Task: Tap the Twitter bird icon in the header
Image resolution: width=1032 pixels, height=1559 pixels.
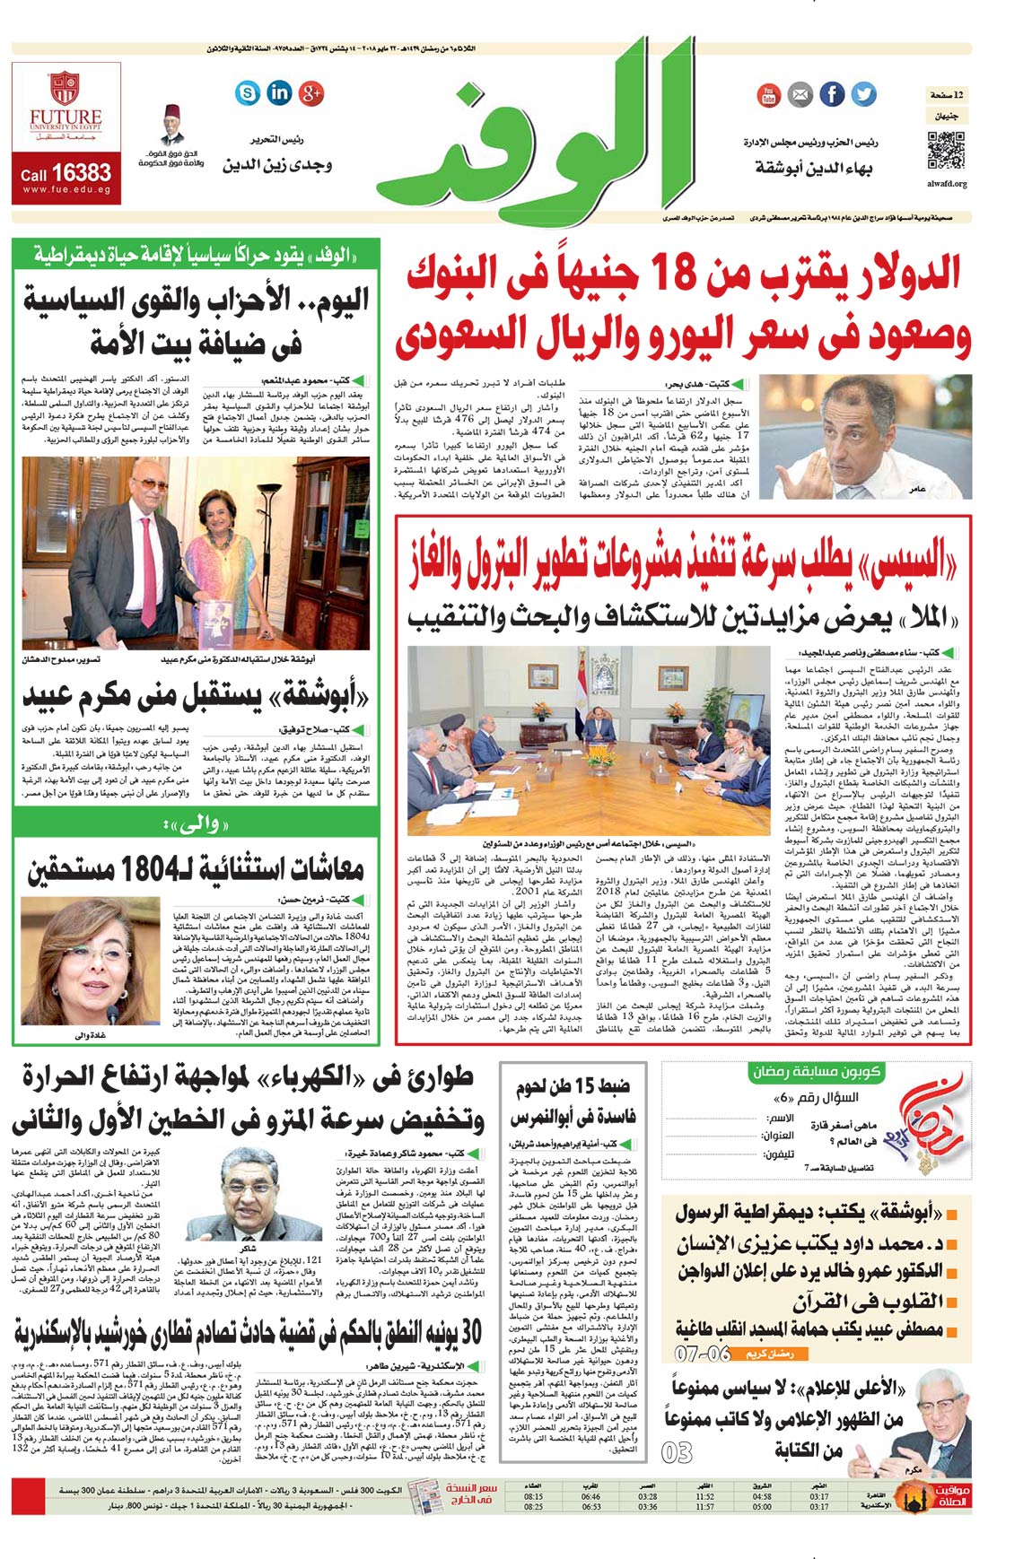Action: pyautogui.click(x=863, y=93)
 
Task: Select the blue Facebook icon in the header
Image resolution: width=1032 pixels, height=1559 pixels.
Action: pyautogui.click(x=832, y=93)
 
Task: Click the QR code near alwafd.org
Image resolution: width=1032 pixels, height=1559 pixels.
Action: pyautogui.click(x=945, y=152)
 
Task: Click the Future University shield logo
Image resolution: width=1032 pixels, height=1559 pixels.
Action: pyautogui.click(x=64, y=90)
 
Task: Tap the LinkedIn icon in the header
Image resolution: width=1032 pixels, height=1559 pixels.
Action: pyautogui.click(x=279, y=91)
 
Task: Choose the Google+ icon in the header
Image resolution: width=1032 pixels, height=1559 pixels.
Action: pyautogui.click(x=310, y=91)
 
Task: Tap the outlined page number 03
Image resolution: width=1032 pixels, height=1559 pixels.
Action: pyautogui.click(x=678, y=1451)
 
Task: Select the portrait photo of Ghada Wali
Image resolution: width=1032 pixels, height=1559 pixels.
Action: pyautogui.click(x=79, y=960)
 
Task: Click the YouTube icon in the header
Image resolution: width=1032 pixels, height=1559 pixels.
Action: pyautogui.click(x=768, y=94)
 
